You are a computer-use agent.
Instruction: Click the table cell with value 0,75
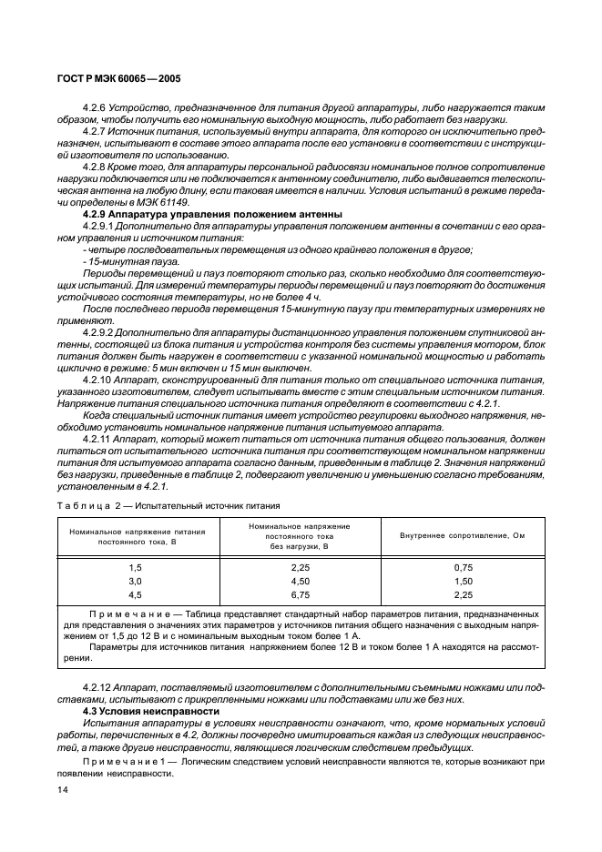464,566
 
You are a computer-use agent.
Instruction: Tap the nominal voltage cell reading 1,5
135,566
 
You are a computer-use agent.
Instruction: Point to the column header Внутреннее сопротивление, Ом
463,534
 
